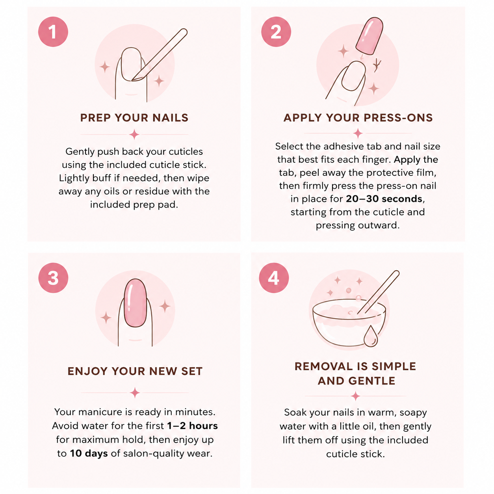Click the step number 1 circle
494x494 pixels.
[53, 32]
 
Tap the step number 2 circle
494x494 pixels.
[276, 32]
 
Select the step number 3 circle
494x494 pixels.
[53, 278]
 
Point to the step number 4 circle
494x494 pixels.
[274, 278]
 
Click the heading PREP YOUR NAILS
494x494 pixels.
[134, 118]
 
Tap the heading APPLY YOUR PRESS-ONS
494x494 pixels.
[358, 118]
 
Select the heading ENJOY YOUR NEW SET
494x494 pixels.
[135, 371]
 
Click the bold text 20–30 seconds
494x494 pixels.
[384, 199]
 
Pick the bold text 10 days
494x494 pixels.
[89, 453]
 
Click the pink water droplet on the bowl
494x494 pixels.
[371, 336]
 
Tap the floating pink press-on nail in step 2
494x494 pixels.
[370, 36]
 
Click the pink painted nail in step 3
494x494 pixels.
[135, 303]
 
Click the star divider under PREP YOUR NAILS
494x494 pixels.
[134, 134]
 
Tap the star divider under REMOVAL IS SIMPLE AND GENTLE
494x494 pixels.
[356, 396]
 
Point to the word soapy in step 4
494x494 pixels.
[413, 412]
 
